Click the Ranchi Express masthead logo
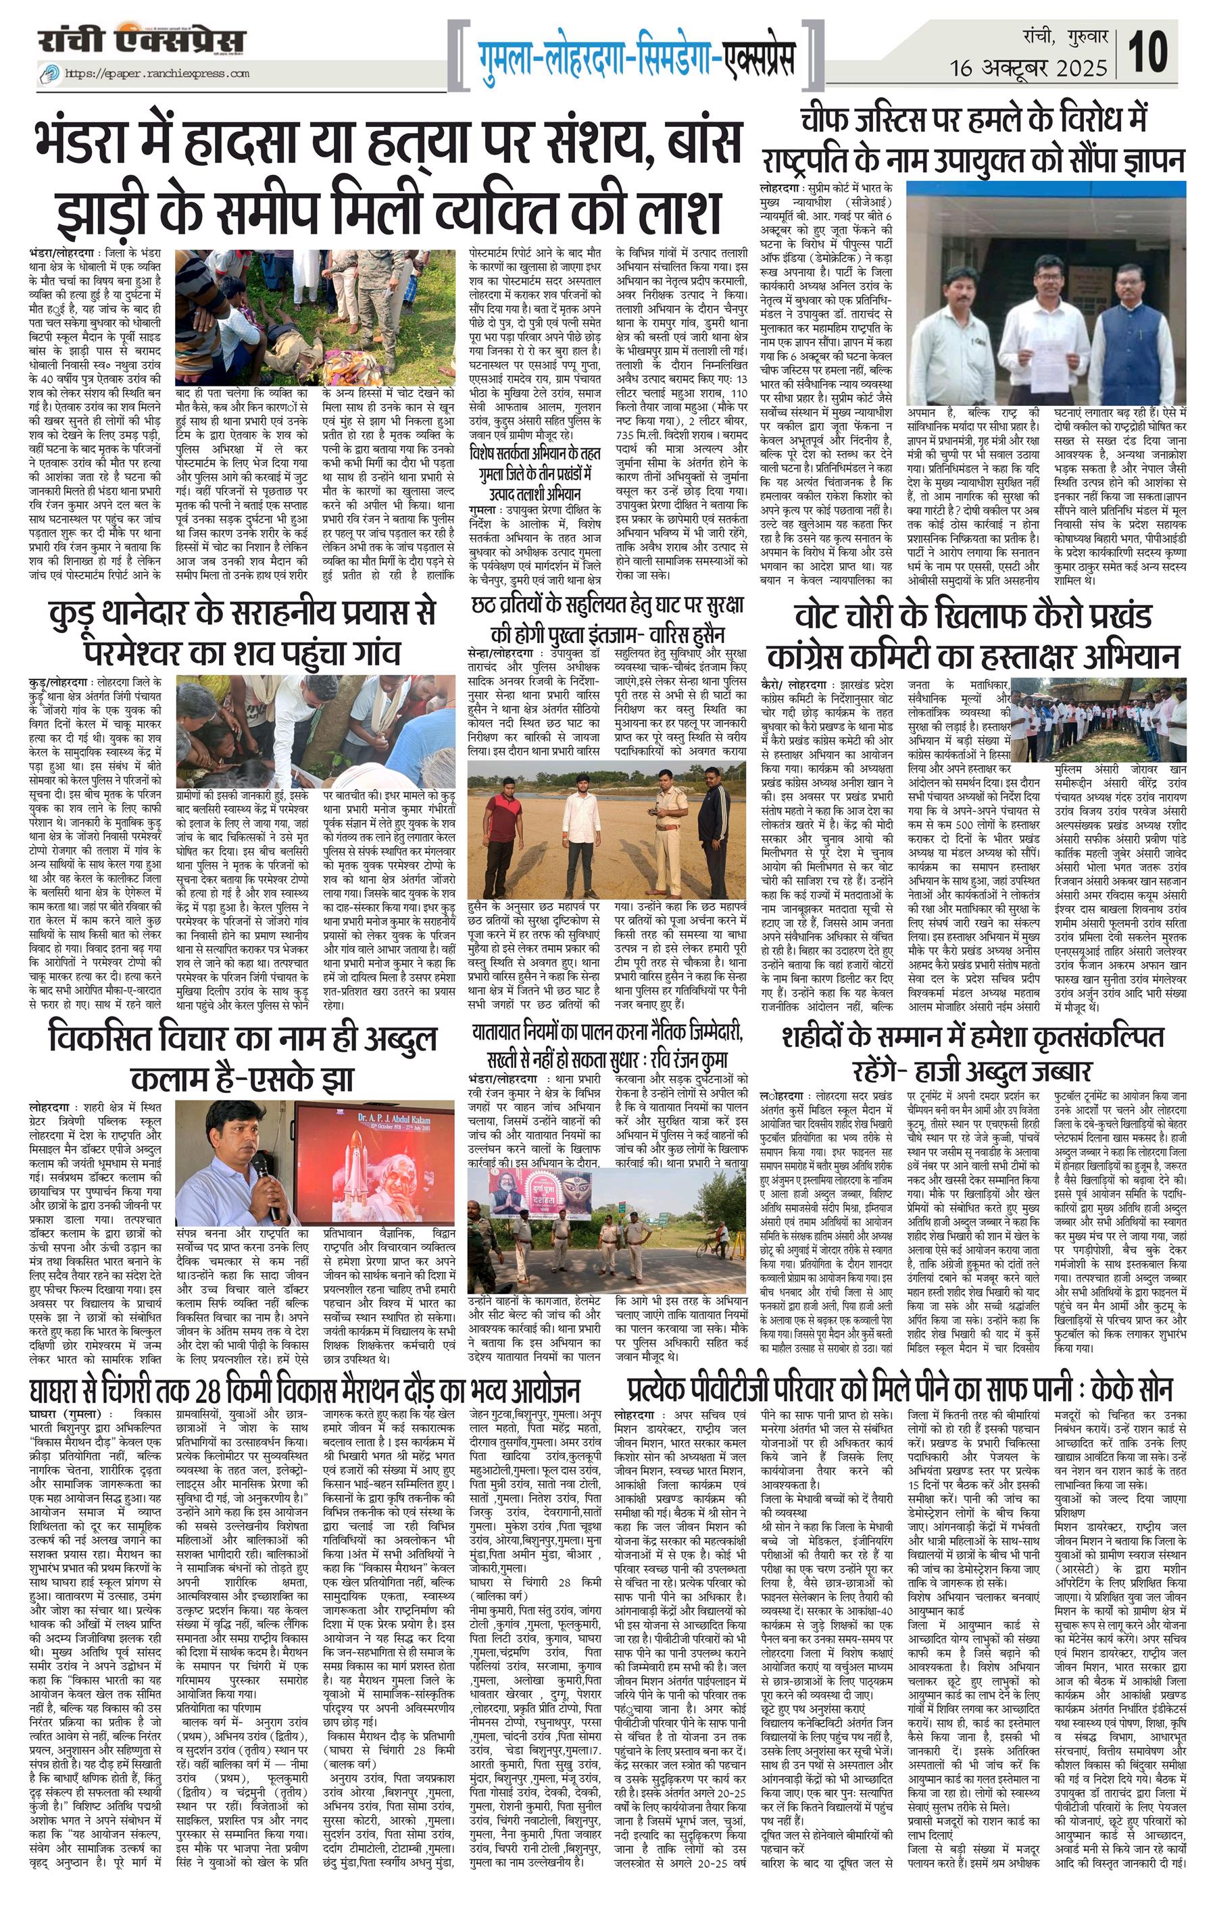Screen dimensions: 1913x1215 [x=141, y=41]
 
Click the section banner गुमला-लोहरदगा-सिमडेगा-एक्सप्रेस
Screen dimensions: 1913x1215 [x=636, y=57]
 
